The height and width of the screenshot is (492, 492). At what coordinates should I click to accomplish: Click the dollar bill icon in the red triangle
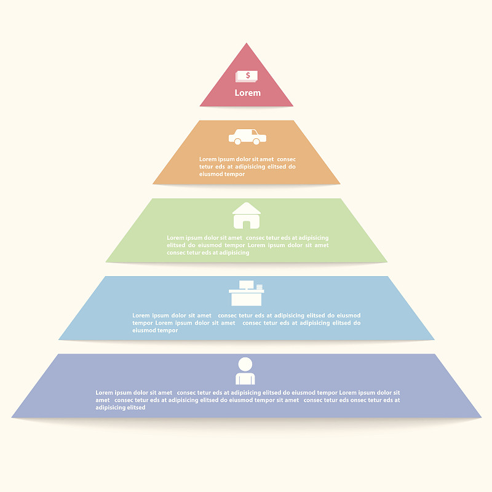247,76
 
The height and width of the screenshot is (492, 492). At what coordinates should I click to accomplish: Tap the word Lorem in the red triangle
248,93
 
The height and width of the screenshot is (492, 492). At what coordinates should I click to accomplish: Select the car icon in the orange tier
248,137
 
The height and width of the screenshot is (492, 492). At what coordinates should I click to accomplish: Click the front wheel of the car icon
256,141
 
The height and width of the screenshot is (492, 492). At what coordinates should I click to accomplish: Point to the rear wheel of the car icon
237,141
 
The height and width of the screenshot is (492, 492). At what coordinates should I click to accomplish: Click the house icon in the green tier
247,216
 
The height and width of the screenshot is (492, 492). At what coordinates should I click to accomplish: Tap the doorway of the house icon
247,225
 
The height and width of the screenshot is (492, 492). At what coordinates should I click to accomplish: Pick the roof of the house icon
247,208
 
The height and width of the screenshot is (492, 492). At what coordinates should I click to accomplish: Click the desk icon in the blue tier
247,293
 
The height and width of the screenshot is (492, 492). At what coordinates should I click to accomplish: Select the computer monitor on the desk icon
247,285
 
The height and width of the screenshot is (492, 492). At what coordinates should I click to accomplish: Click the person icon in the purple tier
245,371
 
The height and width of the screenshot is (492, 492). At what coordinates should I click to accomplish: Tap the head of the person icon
245,364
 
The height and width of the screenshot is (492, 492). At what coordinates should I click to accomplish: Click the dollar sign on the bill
248,75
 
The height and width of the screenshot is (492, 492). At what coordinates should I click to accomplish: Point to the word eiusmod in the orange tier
209,174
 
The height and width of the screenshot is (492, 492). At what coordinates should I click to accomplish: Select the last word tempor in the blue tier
167,330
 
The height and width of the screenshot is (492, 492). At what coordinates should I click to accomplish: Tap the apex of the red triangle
247,43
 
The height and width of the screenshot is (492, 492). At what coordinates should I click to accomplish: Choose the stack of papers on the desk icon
260,287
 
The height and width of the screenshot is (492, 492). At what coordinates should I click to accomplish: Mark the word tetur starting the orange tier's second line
206,167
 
